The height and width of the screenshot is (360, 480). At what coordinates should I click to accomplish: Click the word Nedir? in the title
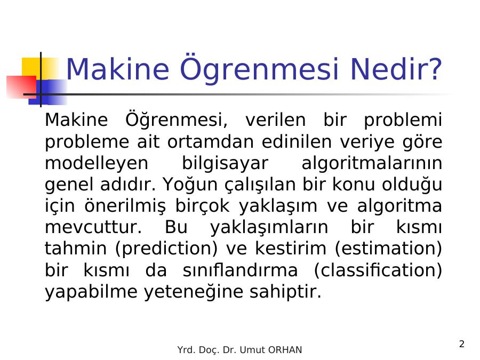coord(396,69)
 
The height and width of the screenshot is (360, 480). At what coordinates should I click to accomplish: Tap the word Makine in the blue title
coord(117,69)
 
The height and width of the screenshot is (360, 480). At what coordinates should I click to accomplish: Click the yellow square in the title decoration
coord(40,69)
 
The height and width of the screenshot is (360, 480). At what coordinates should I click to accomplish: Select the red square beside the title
coord(21,87)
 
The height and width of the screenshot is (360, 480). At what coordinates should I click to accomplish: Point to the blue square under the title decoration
coord(48,92)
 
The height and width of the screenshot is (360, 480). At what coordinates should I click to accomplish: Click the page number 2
coord(462,344)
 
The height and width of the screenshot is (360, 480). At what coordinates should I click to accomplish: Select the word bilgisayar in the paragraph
coord(225,164)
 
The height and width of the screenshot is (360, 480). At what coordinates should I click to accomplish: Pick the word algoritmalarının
coord(372,163)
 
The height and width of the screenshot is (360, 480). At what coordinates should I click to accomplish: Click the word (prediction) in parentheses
coord(166,249)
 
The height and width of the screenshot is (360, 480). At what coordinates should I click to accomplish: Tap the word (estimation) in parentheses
coord(388,249)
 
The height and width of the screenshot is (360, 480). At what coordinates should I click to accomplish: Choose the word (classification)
coord(378,270)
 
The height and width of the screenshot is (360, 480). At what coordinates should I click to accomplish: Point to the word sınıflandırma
coord(241,270)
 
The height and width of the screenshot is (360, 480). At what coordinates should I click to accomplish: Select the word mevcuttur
coord(93,227)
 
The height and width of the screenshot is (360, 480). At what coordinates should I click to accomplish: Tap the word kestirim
coord(291,248)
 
